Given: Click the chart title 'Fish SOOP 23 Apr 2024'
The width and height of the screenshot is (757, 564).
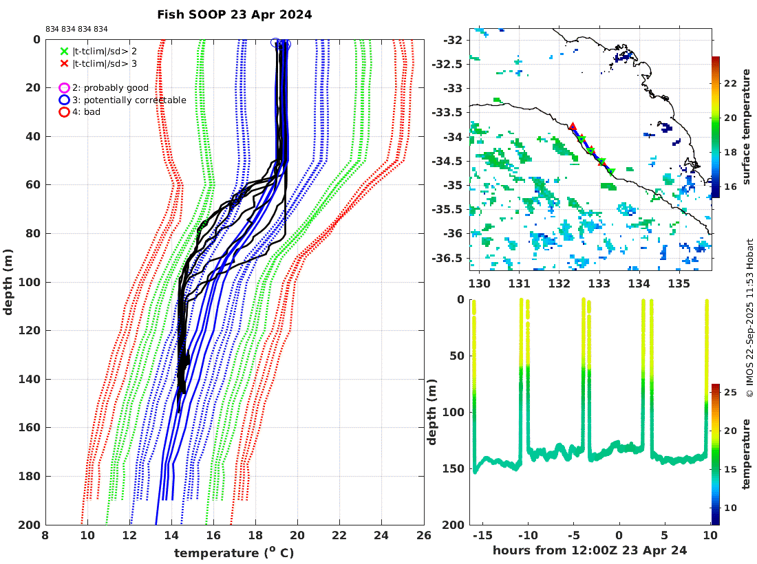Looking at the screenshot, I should [x=234, y=14].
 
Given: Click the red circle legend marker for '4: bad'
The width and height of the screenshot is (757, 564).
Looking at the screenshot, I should [x=64, y=111].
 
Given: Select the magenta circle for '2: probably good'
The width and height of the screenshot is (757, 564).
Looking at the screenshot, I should [x=64, y=88].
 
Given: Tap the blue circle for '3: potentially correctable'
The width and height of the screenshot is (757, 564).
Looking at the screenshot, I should [x=64, y=100].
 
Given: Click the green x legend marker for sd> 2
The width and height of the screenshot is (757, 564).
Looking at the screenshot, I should [x=64, y=51].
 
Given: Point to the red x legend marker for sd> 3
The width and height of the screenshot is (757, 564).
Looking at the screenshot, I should [x=64, y=63].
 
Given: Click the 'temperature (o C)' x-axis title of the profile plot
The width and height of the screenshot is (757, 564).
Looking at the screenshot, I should [x=234, y=552].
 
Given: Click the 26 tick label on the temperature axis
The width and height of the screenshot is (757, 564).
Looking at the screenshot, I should [x=424, y=534].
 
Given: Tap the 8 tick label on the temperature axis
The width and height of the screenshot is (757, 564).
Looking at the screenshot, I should [x=45, y=534].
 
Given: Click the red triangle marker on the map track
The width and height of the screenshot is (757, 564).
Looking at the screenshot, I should [x=573, y=127].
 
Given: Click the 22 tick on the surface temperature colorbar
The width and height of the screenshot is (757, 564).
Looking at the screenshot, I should [x=729, y=83].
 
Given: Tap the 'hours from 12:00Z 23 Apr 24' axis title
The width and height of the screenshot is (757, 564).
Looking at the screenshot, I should [x=590, y=550].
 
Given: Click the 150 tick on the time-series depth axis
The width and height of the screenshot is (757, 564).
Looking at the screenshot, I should [x=454, y=468].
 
